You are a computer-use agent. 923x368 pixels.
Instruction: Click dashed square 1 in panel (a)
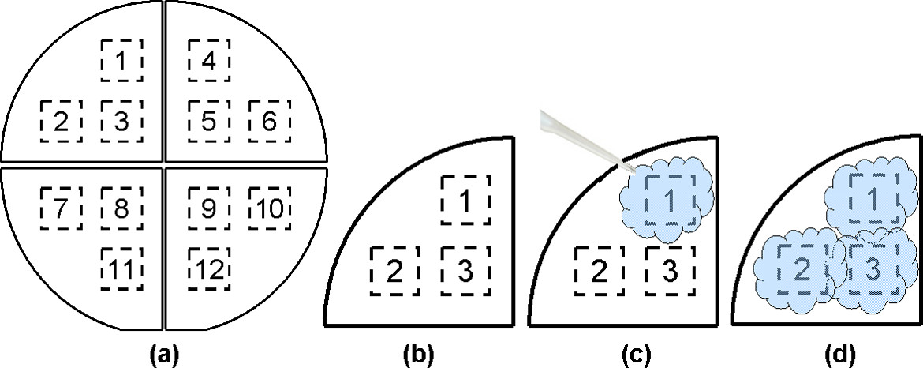[122, 59]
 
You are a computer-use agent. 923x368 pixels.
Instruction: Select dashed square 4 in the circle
[208, 59]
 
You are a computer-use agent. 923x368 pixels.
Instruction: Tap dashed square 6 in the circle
[269, 121]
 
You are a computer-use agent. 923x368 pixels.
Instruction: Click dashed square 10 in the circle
[269, 207]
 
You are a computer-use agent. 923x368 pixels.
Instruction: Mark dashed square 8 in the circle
[122, 207]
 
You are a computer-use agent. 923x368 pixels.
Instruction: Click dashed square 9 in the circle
[208, 207]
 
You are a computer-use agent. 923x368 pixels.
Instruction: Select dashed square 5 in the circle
[208, 121]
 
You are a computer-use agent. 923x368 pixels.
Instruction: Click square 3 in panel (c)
[670, 271]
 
